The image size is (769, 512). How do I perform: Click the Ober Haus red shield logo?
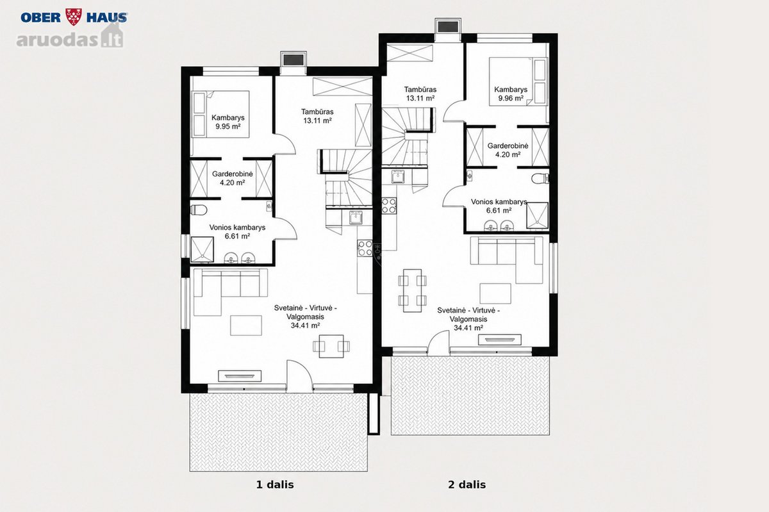pos(74,17)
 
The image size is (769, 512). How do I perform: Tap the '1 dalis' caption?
pos(275,484)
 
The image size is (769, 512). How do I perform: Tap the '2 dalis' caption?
pos(467,484)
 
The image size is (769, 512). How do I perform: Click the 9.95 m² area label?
pos(228,126)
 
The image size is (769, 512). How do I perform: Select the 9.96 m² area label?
pos(511,98)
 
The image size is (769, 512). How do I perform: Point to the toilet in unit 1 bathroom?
pos(198,209)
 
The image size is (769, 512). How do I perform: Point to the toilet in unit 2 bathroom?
pos(540,179)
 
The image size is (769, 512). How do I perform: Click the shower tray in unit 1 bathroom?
pos(202,249)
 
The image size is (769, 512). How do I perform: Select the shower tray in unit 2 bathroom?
pos(537,215)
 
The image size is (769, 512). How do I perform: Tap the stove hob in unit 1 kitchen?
pos(365,248)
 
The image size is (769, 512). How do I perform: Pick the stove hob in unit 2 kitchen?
pos(389,206)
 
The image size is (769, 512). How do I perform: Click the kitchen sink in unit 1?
pos(356,218)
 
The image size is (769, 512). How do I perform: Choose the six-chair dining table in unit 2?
pos(412,290)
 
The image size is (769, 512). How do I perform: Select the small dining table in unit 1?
pos(331,346)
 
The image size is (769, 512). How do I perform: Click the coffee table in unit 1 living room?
pos(246,325)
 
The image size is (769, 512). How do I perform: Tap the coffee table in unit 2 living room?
pos(495,293)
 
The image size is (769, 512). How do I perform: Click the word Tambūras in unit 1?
pos(317,111)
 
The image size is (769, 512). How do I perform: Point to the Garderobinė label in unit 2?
pos(508,145)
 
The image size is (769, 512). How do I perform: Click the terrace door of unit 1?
pos(299,376)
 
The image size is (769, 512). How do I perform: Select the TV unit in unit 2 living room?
pos(500,340)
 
